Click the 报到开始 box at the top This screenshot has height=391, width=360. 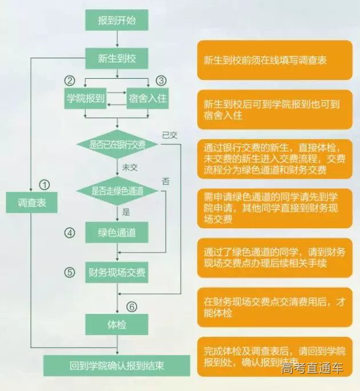[x=117, y=21]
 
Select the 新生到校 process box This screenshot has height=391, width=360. [x=117, y=58]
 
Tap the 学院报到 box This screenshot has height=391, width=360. [x=86, y=99]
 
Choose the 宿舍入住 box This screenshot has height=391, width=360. [x=147, y=99]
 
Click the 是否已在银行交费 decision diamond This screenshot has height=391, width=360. [x=117, y=144]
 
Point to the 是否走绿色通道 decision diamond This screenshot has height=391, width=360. [x=117, y=190]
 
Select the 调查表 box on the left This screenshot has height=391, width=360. [x=32, y=203]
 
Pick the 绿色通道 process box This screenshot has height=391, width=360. [x=117, y=233]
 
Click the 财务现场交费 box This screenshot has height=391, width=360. [x=117, y=272]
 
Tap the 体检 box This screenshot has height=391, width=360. [x=117, y=324]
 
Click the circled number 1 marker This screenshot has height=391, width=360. [x=45, y=184]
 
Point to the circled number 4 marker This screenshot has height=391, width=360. [x=69, y=233]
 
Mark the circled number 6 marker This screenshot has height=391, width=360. [x=132, y=307]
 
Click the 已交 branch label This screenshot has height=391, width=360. [x=170, y=135]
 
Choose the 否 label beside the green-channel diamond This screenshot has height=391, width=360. [x=166, y=182]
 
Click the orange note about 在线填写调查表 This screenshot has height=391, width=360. [x=274, y=60]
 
